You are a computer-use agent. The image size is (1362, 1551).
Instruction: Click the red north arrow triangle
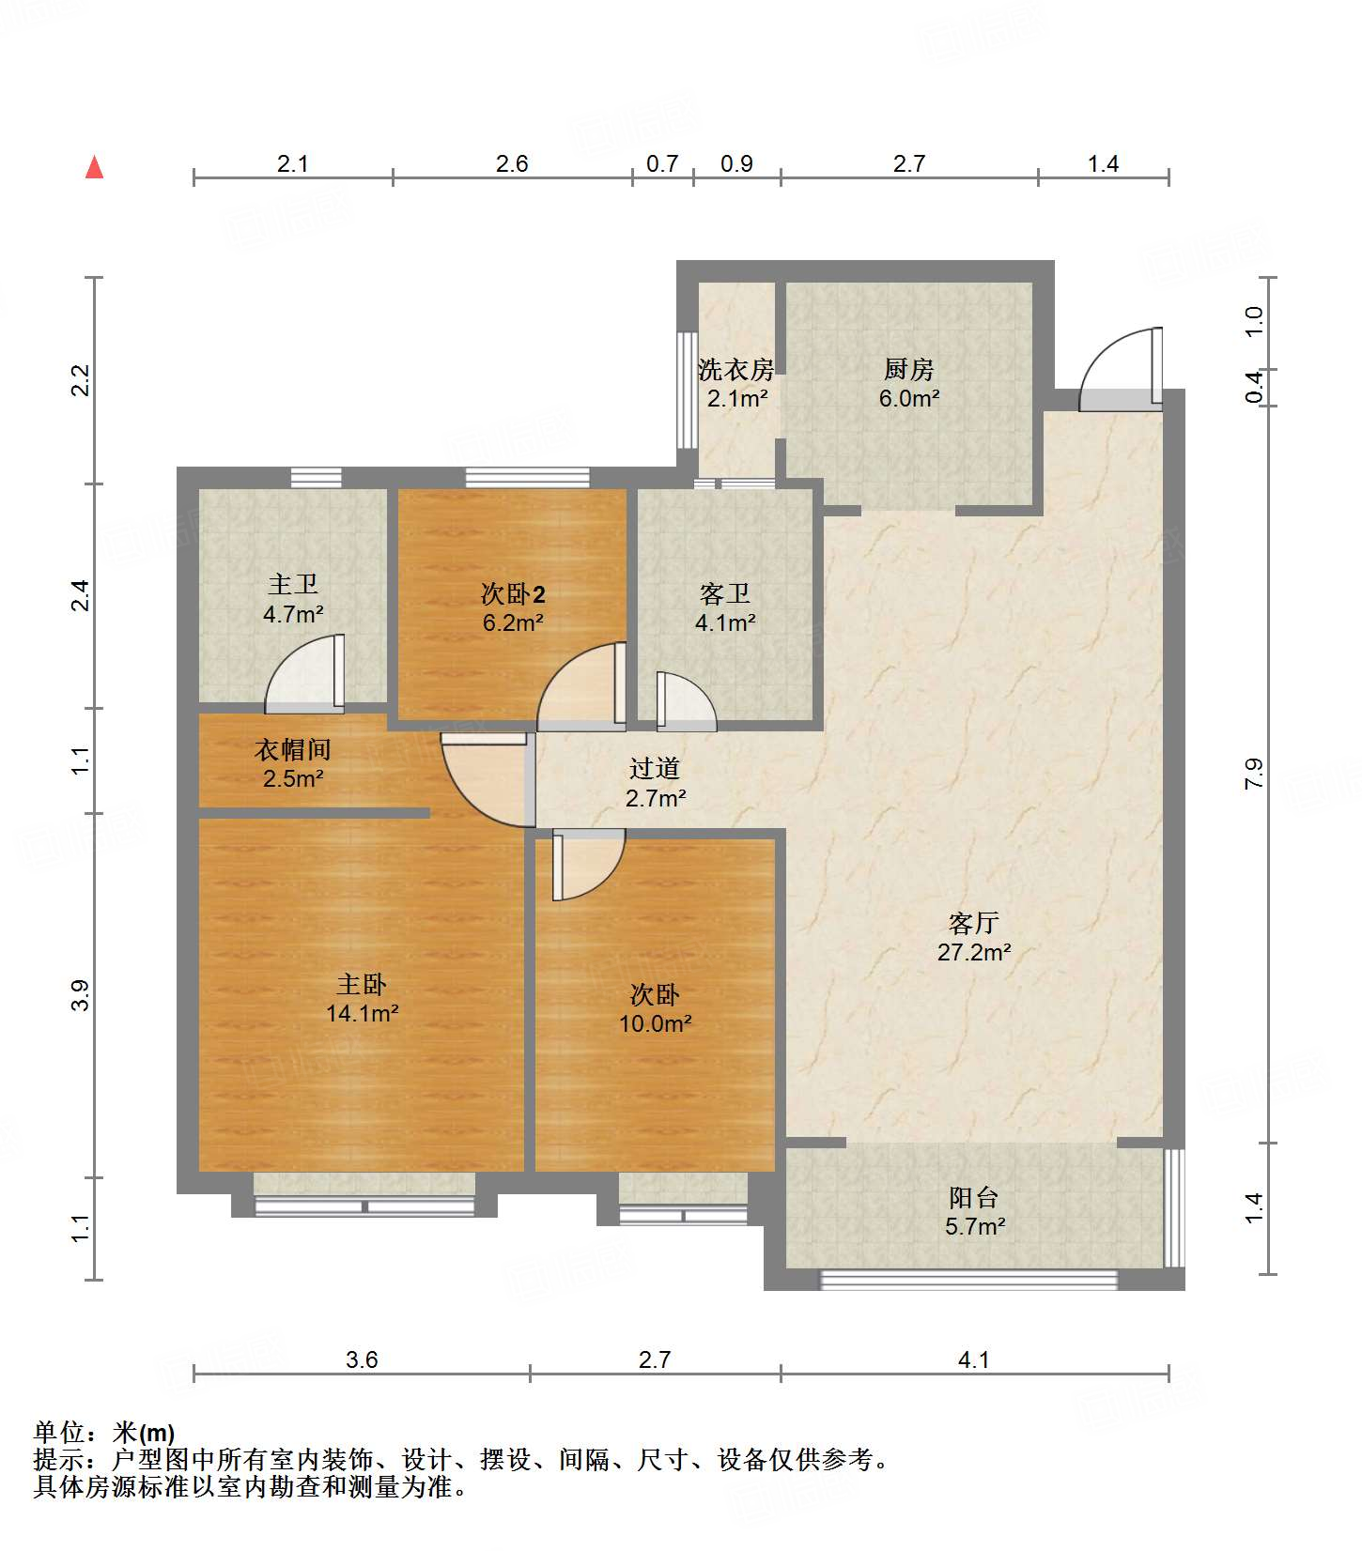(x=94, y=167)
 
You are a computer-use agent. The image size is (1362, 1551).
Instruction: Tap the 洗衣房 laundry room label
(x=736, y=370)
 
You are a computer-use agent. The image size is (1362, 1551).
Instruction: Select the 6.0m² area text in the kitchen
(x=909, y=398)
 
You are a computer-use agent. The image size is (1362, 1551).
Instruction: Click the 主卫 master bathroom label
(x=293, y=585)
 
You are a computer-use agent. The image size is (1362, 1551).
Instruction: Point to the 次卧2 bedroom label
(x=513, y=593)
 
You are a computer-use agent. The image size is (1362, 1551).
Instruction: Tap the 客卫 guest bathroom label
(x=725, y=593)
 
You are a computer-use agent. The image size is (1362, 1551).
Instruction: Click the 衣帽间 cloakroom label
(x=293, y=749)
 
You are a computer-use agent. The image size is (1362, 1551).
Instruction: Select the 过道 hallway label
(x=655, y=769)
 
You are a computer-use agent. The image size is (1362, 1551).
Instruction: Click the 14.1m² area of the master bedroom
(x=363, y=1014)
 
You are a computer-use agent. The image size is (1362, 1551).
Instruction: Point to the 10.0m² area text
(x=655, y=1024)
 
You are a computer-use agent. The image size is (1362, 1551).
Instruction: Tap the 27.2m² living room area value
(x=974, y=953)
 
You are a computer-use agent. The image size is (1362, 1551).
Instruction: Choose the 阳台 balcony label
(x=974, y=1198)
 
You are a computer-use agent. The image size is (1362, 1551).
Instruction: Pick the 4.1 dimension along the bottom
(x=974, y=1359)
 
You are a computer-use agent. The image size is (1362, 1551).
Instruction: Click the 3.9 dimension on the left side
(x=81, y=995)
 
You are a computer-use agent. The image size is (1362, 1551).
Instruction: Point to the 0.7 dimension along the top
(x=662, y=163)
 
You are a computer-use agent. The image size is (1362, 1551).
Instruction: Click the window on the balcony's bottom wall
(x=968, y=1280)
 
